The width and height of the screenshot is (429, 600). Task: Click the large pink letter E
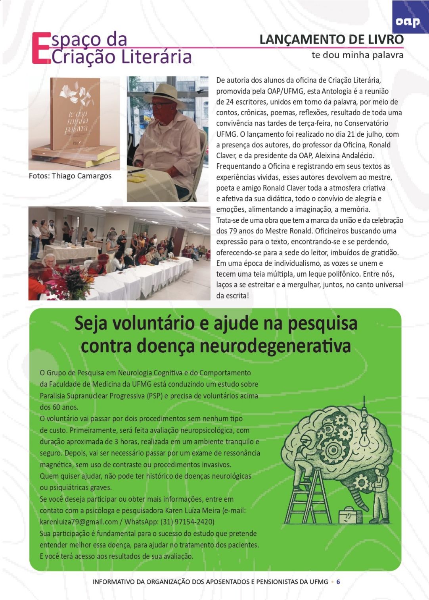click(x=41, y=48)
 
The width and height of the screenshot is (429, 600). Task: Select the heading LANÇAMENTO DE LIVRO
click(x=331, y=40)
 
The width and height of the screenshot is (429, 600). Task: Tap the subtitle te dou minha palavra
click(x=357, y=55)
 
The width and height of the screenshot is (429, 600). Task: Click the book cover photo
click(x=74, y=122)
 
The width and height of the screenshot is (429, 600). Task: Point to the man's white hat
click(x=165, y=95)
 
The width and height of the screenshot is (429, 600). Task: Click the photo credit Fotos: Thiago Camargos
click(x=70, y=176)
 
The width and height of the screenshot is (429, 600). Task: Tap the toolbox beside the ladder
click(x=350, y=515)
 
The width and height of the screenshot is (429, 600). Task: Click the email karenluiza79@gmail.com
click(x=79, y=522)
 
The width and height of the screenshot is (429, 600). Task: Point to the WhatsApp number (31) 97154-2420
click(x=186, y=522)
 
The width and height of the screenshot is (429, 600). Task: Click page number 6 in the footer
click(x=338, y=582)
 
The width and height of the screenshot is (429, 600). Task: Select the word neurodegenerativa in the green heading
click(x=275, y=346)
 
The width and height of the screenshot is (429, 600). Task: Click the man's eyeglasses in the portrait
click(x=160, y=105)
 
